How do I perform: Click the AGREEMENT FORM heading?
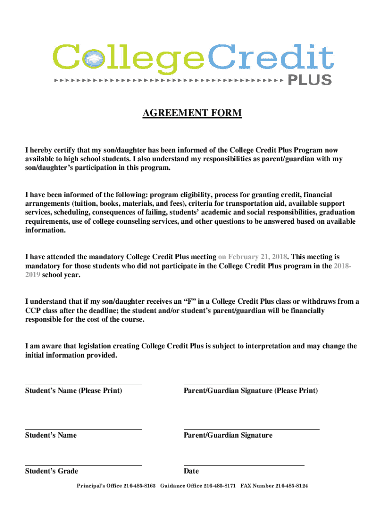coord(192,114)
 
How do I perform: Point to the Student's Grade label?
coord(51,471)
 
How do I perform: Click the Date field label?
coord(191,471)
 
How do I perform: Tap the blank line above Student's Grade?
coord(83,465)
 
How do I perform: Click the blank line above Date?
coord(244,465)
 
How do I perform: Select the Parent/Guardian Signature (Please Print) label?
coord(250,390)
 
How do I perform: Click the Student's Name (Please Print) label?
coord(73,390)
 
